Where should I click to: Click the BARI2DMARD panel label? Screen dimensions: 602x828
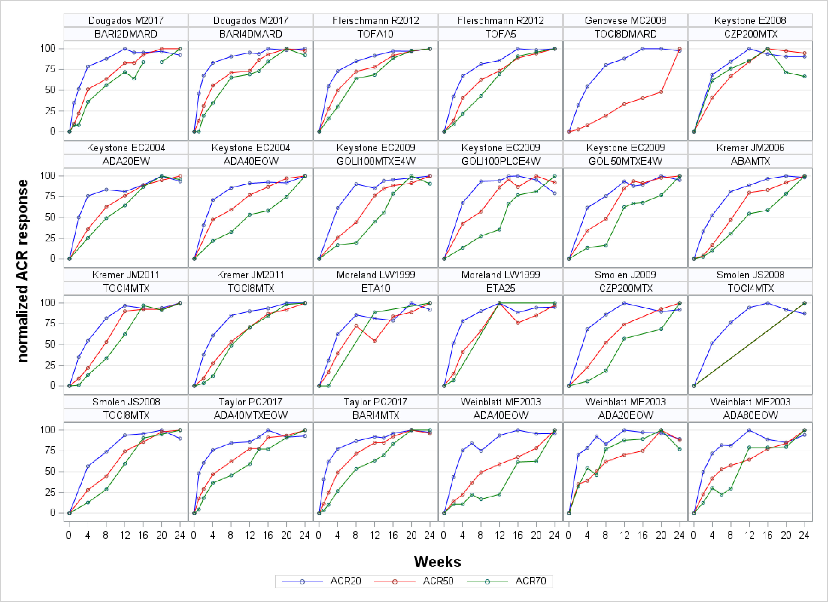pyautogui.click(x=126, y=34)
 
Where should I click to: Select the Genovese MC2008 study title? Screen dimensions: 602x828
pyautogui.click(x=625, y=20)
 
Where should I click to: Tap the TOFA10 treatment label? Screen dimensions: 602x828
pyautogui.click(x=375, y=34)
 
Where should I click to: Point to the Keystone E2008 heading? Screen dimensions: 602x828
pyautogui.click(x=750, y=20)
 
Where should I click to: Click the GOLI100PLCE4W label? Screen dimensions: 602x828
pyautogui.click(x=501, y=161)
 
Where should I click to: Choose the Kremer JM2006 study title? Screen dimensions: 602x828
pyautogui.click(x=750, y=148)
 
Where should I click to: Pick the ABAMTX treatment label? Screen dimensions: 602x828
pyautogui.click(x=750, y=161)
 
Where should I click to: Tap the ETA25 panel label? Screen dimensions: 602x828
pyautogui.click(x=501, y=288)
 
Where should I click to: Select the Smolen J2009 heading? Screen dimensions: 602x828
pyautogui.click(x=625, y=275)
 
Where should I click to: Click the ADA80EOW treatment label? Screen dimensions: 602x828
pyautogui.click(x=750, y=415)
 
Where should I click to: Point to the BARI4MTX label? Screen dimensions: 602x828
pyautogui.click(x=375, y=415)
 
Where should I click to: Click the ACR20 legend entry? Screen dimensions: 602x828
pyautogui.click(x=345, y=581)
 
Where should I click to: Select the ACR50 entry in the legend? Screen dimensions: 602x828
pyautogui.click(x=438, y=581)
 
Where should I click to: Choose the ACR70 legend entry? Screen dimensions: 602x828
pyautogui.click(x=530, y=581)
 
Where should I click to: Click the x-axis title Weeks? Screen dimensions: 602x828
pyautogui.click(x=437, y=562)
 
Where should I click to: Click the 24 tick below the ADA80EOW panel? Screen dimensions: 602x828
pyautogui.click(x=804, y=535)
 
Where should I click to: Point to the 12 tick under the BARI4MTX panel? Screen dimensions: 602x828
pyautogui.click(x=375, y=535)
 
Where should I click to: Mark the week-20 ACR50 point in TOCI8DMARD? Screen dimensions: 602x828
pyautogui.click(x=661, y=92)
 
